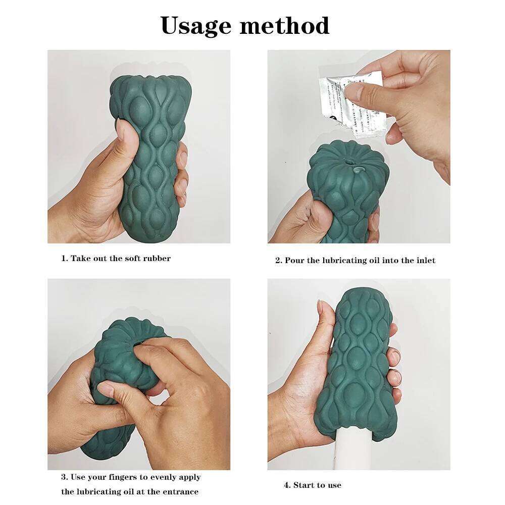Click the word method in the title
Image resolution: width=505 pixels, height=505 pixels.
[285, 25]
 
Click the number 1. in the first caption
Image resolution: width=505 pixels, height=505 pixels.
[64, 259]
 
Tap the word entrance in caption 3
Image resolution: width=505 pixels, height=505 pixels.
[180, 491]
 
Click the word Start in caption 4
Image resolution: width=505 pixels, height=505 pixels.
[304, 485]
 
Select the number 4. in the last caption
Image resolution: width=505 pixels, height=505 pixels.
[287, 485]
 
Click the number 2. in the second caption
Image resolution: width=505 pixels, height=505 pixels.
[278, 261]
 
